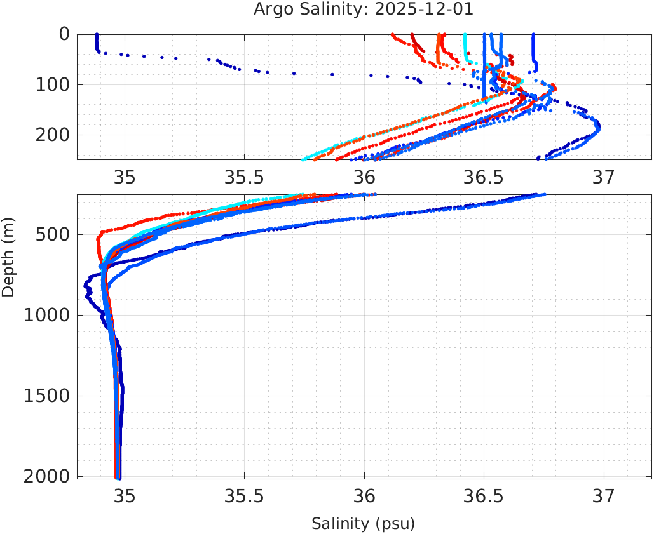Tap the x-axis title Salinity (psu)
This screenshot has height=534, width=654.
point(363,524)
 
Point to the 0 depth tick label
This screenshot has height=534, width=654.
point(64,34)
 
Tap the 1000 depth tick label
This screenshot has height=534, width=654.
point(46,316)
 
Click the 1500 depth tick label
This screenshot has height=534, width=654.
point(46,396)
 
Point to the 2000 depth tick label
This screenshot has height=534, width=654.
point(46,476)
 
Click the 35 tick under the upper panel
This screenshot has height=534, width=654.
point(125,177)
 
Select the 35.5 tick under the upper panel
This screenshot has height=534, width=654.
point(244,177)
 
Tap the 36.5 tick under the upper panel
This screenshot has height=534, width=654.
point(484,177)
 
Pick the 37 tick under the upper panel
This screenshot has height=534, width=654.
point(604,177)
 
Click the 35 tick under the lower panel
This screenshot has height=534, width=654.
point(125,495)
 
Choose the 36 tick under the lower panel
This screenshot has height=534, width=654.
point(364,495)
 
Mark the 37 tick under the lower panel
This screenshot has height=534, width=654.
point(604,495)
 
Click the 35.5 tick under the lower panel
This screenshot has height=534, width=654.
point(244,495)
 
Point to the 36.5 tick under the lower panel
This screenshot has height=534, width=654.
point(484,495)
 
